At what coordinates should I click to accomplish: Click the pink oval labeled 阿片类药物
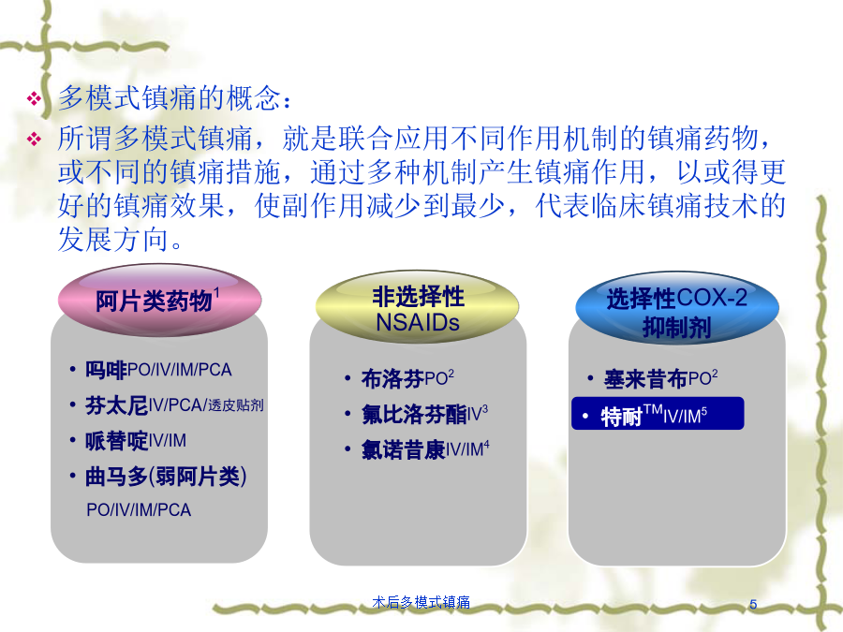[x=159, y=300]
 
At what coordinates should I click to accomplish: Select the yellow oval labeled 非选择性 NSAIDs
[x=417, y=307]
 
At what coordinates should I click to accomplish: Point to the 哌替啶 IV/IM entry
[x=136, y=441]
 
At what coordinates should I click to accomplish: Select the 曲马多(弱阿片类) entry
[x=166, y=477]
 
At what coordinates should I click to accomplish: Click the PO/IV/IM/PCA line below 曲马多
[x=139, y=509]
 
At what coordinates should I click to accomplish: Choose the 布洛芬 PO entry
[x=407, y=378]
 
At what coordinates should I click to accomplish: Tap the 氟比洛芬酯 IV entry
[x=424, y=415]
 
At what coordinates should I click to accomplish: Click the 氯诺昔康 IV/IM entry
[x=425, y=449]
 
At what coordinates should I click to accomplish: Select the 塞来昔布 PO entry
[x=660, y=379]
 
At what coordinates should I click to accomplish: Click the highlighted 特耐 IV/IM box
[x=658, y=414]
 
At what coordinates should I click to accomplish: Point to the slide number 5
[x=753, y=604]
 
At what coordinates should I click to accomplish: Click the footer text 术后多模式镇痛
[x=421, y=602]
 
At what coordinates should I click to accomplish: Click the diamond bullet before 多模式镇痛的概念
[x=34, y=98]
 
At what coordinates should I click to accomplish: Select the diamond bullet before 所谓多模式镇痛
[x=34, y=140]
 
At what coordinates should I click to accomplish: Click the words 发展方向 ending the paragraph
[x=113, y=239]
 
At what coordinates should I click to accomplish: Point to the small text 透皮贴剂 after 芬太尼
[x=235, y=405]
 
